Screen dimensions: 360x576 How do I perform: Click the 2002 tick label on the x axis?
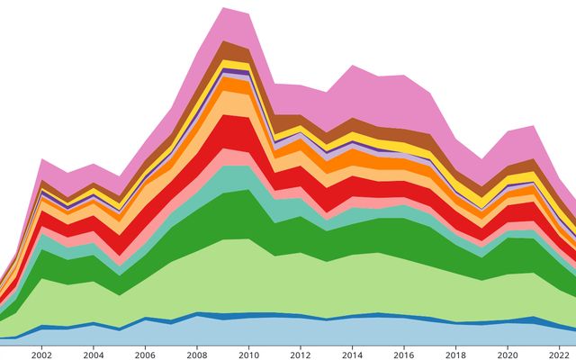pyautogui.click(x=41, y=354)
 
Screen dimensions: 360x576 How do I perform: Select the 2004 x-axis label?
pyautogui.click(x=94, y=354)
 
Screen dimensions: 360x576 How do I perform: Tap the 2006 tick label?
pyautogui.click(x=146, y=354)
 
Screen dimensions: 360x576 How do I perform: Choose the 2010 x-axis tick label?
pyautogui.click(x=249, y=354)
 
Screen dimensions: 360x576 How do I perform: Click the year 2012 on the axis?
pyautogui.click(x=301, y=354)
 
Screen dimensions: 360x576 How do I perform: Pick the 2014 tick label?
pyautogui.click(x=353, y=354)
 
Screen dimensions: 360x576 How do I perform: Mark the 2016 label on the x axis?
pyautogui.click(x=405, y=354)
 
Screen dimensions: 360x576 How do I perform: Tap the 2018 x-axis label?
pyautogui.click(x=456, y=354)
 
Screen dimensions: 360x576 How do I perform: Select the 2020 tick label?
pyautogui.click(x=508, y=354)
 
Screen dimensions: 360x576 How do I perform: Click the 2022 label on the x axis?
pyautogui.click(x=560, y=354)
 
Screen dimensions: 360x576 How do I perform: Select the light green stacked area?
pyautogui.click(x=270, y=279)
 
